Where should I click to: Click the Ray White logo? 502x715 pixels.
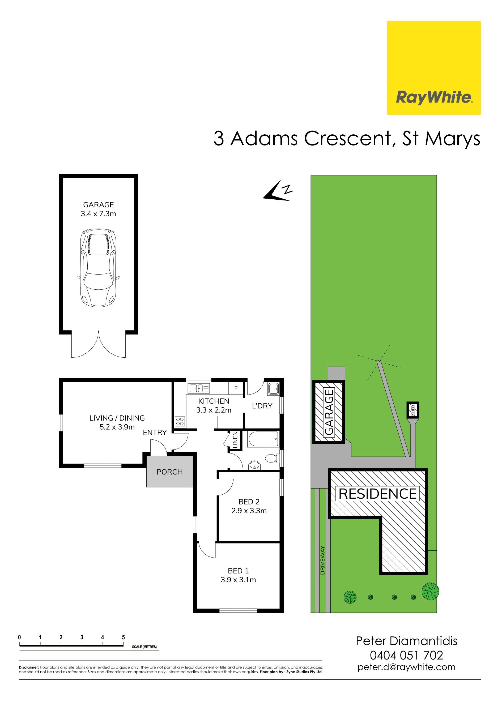click(x=433, y=68)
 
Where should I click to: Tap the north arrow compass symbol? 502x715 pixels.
click(x=277, y=191)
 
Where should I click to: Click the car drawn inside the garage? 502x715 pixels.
click(x=98, y=268)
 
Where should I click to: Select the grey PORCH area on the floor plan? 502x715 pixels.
click(x=170, y=472)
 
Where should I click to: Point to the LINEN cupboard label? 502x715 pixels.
click(x=235, y=440)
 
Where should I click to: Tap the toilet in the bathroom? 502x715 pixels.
click(x=272, y=458)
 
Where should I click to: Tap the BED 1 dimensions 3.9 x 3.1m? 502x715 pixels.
click(x=238, y=580)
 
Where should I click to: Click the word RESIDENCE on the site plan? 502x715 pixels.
click(x=378, y=494)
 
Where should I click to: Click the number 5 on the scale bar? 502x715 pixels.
click(x=124, y=637)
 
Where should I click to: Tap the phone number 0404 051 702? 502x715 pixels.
click(x=406, y=656)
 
